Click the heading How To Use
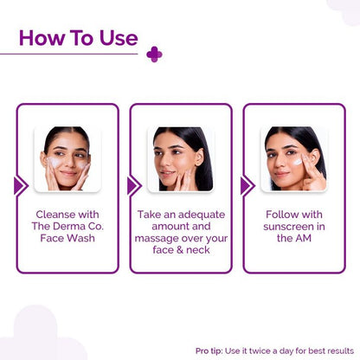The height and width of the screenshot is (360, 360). tap(78, 38)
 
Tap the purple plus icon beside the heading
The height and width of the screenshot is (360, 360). tap(154, 55)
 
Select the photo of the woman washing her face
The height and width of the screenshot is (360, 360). tap(67, 159)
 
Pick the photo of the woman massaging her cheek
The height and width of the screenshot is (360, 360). tap(180, 159)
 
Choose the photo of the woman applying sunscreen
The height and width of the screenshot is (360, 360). tap(293, 159)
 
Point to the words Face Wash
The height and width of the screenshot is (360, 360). tap(67, 237)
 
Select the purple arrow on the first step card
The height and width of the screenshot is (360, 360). tap(21, 186)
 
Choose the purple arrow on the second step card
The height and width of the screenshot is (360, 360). tap(133, 186)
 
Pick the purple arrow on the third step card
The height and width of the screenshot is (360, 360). tap(247, 186)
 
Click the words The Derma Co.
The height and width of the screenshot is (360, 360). tap(67, 225)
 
